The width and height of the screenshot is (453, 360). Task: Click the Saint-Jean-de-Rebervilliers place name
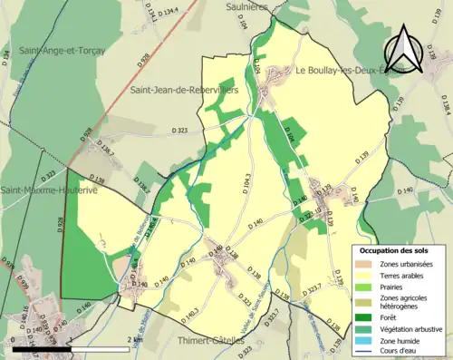(x=183, y=90)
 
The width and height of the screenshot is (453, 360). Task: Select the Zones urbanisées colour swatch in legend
(x=363, y=264)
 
